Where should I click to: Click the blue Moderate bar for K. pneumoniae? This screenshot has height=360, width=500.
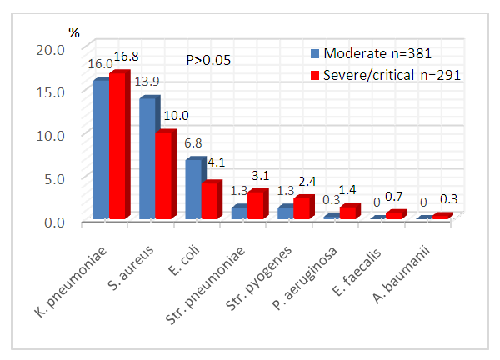click(100, 150)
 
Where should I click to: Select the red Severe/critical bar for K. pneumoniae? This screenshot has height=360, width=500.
click(117, 147)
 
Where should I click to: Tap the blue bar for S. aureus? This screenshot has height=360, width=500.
click(147, 158)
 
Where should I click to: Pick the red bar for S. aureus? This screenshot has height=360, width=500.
click(164, 176)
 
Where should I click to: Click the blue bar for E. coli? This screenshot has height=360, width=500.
click(192, 189)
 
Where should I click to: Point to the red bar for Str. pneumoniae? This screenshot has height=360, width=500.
click(256, 206)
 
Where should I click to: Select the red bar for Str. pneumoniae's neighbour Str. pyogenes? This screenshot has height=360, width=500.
click(302, 208)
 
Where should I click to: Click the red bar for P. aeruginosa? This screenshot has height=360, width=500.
click(347, 212)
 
